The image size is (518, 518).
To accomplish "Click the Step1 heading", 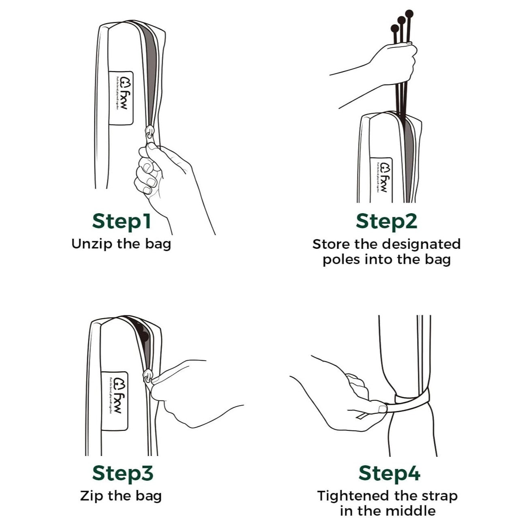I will (122, 221).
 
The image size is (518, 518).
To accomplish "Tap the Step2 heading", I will (386, 221).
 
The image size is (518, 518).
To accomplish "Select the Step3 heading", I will (122, 473).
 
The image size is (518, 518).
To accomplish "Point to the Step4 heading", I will (389, 473).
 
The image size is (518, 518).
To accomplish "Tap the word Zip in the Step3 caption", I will (89, 496).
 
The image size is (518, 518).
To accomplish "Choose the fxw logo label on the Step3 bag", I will (114, 401).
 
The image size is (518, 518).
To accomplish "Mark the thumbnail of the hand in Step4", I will (381, 407).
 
